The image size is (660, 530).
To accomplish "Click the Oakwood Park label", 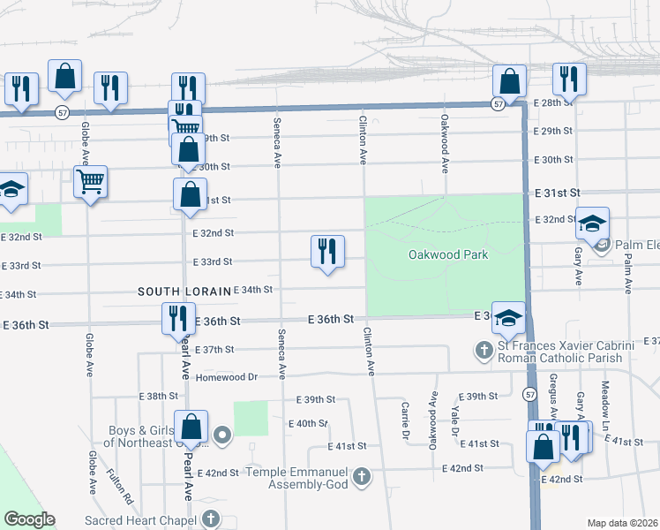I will pos(447,254).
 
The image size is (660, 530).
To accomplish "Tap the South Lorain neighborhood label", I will pos(183,291).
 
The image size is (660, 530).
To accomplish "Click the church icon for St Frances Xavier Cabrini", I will pos(484,351).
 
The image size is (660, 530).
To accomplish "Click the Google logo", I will pos(29,519).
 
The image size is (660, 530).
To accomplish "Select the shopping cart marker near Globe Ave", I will pos(91,183).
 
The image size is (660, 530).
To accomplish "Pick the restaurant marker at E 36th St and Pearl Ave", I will pos(178,319).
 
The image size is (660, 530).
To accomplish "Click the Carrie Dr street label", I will pos(405,421).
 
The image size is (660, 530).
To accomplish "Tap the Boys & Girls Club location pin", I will pos(222,435).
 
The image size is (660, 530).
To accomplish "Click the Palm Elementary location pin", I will pos(603,244).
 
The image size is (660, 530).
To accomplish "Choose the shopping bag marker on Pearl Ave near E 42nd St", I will pos(191,428).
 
